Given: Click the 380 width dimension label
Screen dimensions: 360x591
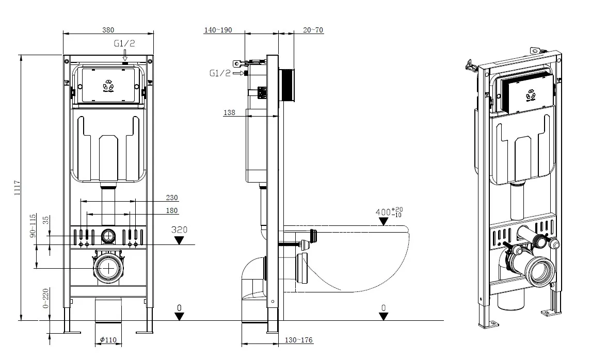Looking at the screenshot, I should coord(108,30).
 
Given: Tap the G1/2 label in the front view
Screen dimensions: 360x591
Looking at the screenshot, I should coord(124,44).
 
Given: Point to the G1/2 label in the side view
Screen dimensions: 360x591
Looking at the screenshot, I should coord(220,73).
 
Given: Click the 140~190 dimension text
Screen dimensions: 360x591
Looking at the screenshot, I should coord(217,30).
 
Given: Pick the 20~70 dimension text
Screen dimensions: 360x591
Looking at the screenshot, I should coord(313,30).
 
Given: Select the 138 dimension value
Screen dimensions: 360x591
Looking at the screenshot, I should coord(230,112).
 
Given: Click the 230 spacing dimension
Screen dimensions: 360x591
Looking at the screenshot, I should coord(172,197).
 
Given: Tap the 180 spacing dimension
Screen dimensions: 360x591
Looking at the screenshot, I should coord(172,210).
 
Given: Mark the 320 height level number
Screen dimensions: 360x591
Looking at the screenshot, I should coord(179,230).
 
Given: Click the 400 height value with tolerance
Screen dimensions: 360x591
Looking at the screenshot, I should coord(390,211).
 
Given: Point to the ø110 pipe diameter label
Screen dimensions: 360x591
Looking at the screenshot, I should coord(108,340).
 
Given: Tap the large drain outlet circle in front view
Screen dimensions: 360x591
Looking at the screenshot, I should coord(109,268).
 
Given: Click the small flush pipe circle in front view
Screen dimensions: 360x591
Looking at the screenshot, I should coord(109,236).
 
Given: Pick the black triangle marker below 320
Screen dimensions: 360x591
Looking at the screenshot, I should coord(179,240).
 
